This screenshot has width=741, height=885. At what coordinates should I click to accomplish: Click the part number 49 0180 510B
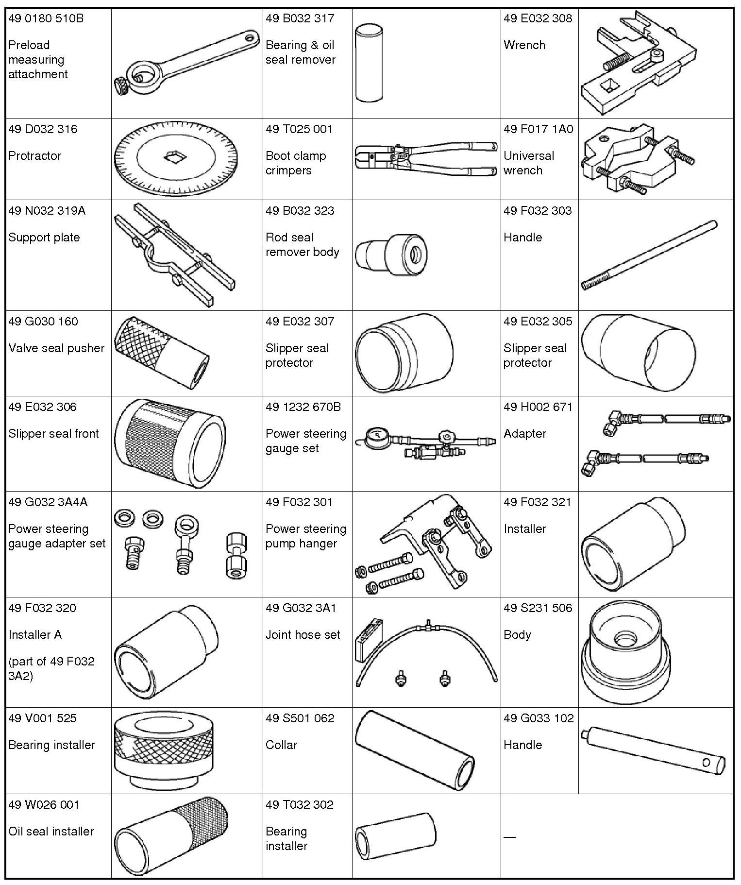[46, 18]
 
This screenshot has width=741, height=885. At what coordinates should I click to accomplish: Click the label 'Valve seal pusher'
[56, 348]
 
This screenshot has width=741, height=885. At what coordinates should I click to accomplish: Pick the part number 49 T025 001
[299, 129]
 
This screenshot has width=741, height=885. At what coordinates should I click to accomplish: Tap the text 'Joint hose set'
[303, 634]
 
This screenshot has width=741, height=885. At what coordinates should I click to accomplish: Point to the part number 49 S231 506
[538, 608]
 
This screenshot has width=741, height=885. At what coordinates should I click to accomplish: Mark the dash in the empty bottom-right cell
[509, 837]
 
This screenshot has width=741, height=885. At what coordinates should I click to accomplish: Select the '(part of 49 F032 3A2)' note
[51, 668]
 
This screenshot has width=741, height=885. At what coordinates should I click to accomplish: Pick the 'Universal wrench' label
[528, 163]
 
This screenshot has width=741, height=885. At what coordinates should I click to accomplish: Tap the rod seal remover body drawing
[391, 254]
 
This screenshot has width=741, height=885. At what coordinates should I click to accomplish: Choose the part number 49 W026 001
[43, 804]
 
